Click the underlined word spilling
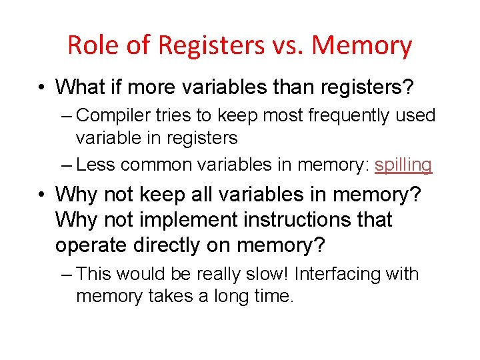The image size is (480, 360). pyautogui.click(x=403, y=164)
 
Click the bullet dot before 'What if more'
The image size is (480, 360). pyautogui.click(x=41, y=87)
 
